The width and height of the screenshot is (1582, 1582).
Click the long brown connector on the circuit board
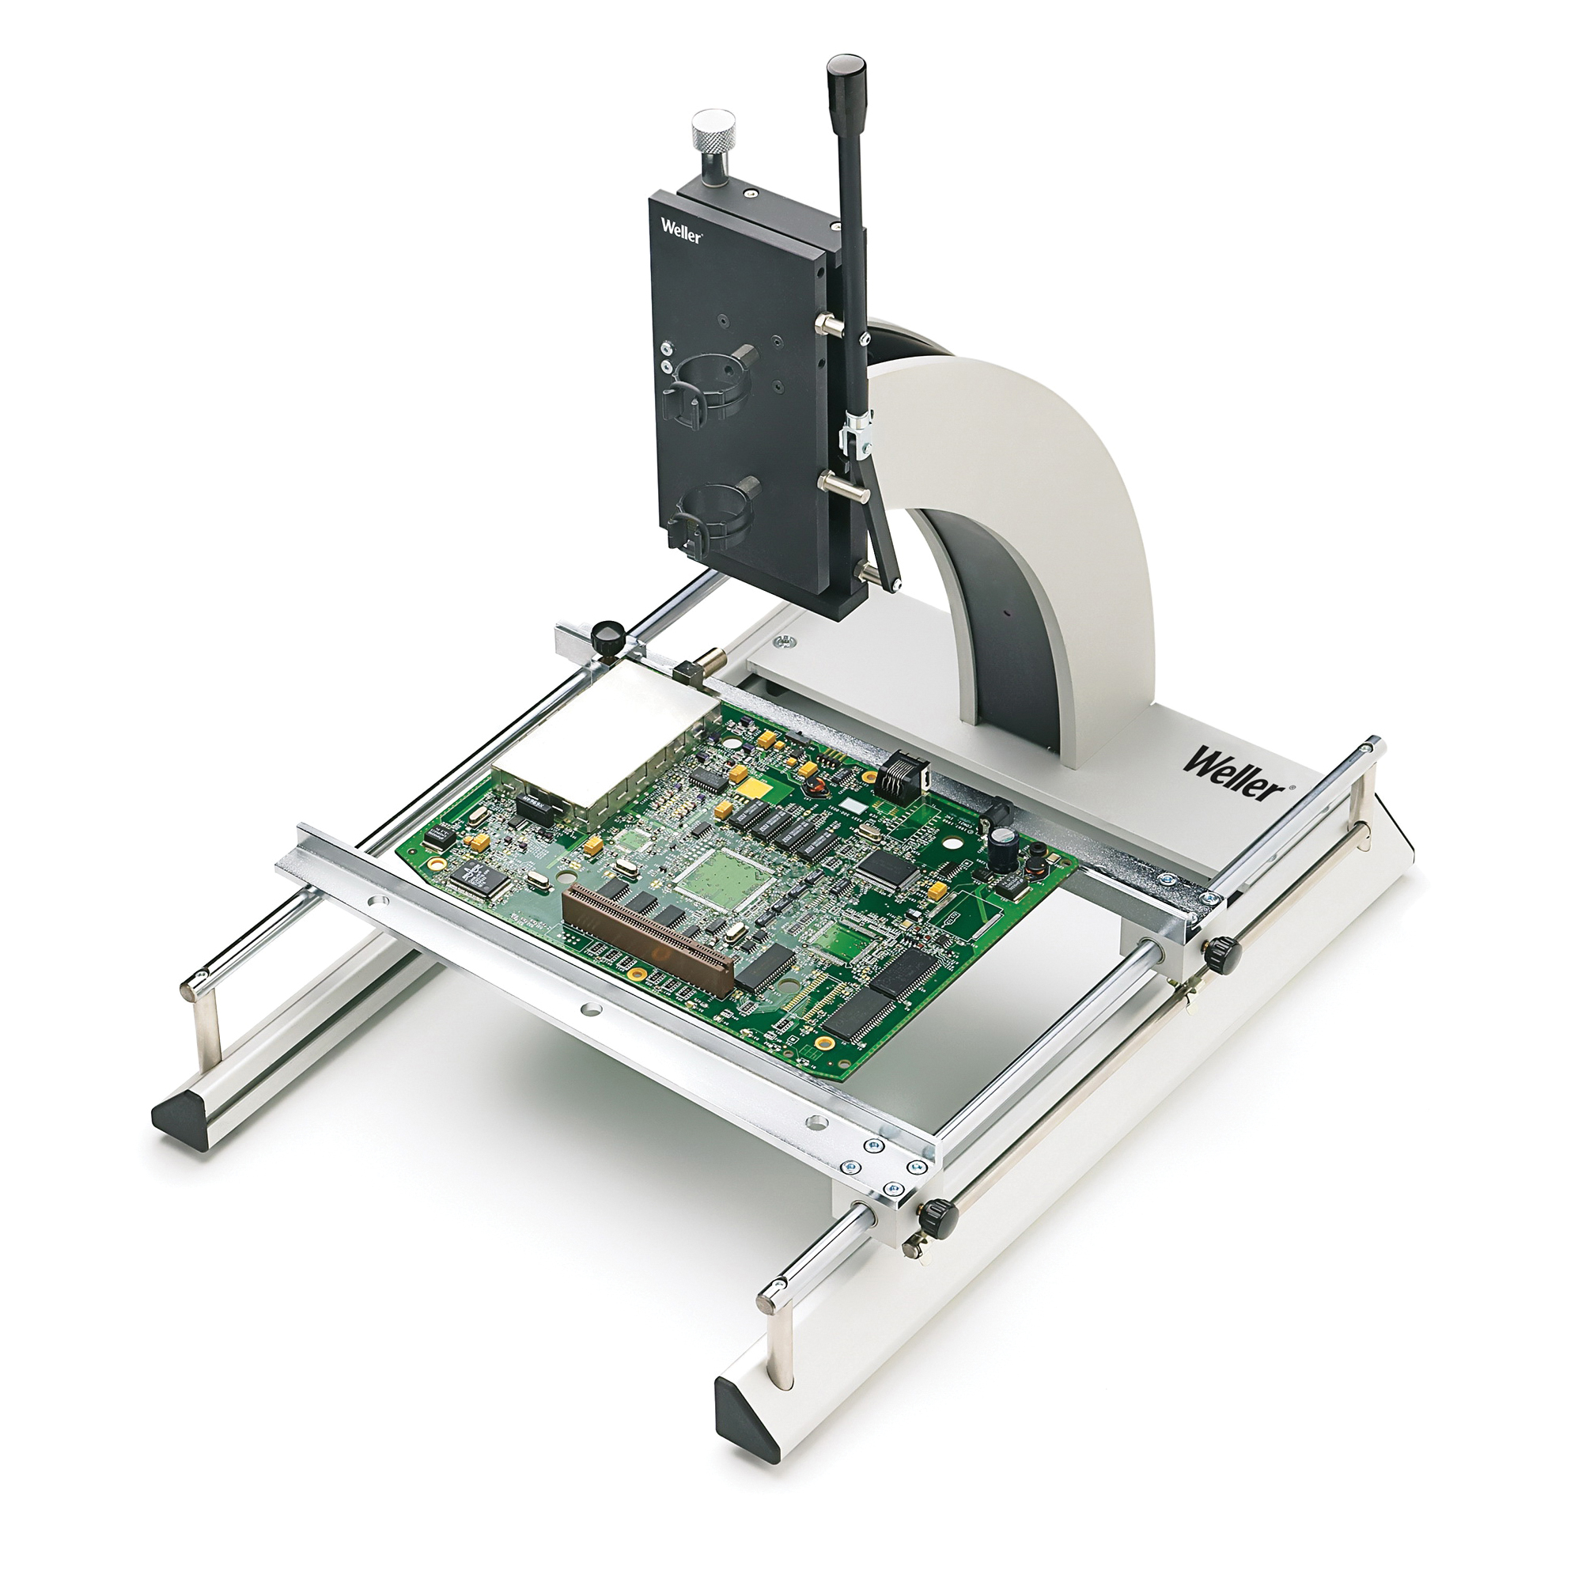pyautogui.click(x=648, y=941)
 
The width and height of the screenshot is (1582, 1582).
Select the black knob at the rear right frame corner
pyautogui.click(x=1220, y=951)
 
